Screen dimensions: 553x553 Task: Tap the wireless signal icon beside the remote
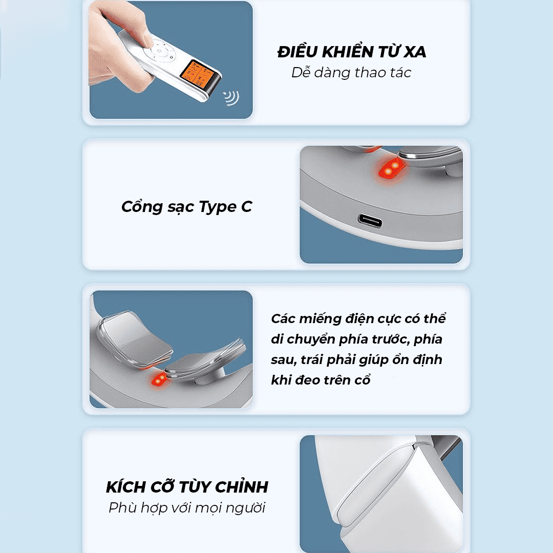pos(232,98)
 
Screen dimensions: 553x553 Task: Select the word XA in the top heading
pos(415,52)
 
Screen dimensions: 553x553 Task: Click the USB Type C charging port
pos(370,221)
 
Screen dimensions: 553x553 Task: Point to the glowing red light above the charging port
pos(391,168)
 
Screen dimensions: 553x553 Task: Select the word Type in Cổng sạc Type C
pos(218,207)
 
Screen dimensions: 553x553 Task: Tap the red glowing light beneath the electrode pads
pos(159,379)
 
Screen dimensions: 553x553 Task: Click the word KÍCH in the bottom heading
pos(126,487)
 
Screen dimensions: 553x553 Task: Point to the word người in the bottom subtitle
pos(245,508)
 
